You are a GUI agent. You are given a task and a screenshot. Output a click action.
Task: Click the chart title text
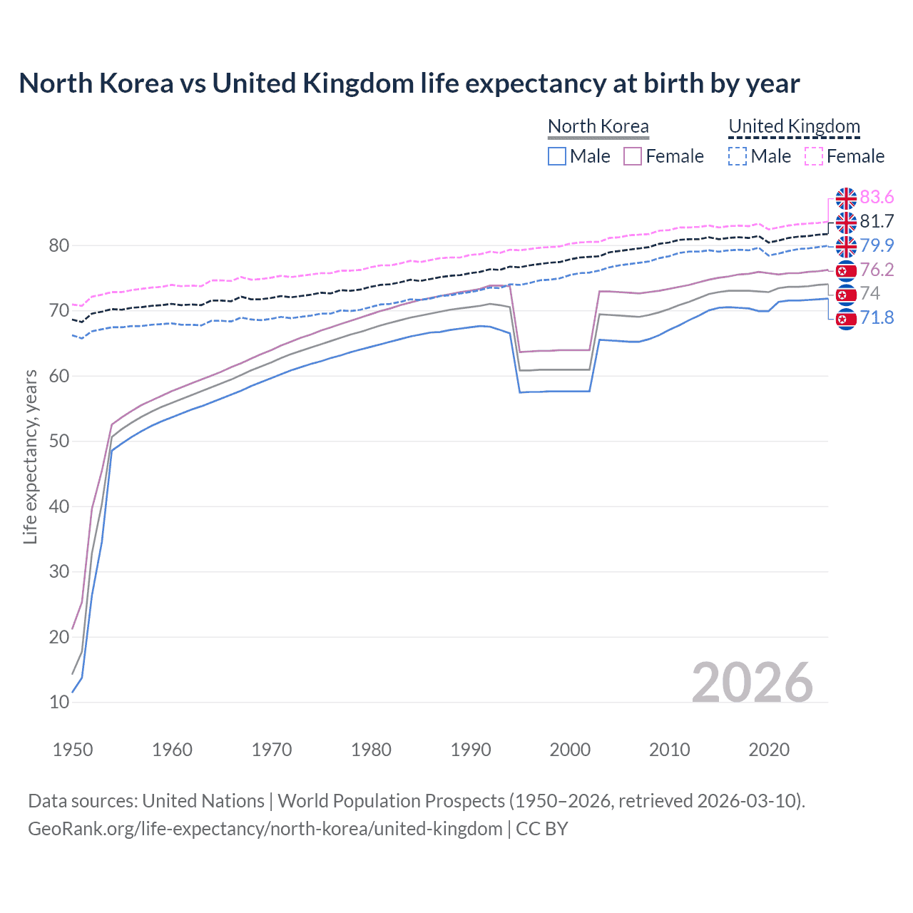pos(409,83)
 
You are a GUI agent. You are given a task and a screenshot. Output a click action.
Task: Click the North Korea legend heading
pos(598,126)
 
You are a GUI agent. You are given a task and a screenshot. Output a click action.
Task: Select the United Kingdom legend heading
pos(794,126)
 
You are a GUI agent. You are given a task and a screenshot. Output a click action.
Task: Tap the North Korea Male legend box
pos(557,156)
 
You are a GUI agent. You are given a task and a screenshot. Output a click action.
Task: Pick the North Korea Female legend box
pos(633,156)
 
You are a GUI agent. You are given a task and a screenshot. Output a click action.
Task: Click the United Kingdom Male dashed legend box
pos(738,156)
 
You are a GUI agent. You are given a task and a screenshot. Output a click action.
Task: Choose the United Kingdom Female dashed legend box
pos(814,156)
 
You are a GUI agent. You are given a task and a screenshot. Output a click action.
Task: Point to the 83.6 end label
pos(877,198)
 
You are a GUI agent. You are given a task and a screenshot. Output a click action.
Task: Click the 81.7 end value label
pos(877,222)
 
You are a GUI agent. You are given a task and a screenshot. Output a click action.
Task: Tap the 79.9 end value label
pos(877,246)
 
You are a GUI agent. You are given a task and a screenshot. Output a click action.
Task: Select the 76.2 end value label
pos(877,270)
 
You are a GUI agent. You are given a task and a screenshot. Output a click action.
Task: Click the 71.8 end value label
pos(877,317)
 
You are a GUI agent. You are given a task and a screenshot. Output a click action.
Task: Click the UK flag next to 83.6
pos(846,198)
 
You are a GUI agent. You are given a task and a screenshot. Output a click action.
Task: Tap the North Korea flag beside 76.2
pos(846,270)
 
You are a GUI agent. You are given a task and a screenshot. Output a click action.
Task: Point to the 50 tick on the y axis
pos(59,441)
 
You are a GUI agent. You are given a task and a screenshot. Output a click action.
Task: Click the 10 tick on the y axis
pos(59,702)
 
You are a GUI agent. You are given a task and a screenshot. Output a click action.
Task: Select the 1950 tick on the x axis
pos(73,750)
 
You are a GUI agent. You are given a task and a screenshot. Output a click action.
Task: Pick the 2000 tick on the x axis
pos(570,750)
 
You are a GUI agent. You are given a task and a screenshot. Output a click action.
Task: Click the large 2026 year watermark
pos(752,683)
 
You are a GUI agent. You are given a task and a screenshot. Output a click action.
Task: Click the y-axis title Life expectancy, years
pos(31,456)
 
